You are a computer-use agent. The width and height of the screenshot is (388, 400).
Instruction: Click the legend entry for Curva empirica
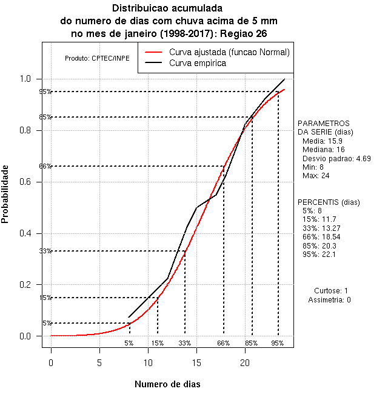coord(197,63)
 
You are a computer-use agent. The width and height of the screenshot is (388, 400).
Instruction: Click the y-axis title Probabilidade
coord(6,193)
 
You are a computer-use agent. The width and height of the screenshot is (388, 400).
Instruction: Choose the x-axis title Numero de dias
coord(167,384)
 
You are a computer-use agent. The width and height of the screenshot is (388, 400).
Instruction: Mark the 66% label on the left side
coord(45,166)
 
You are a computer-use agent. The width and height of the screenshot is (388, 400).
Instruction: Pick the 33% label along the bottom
coord(185,343)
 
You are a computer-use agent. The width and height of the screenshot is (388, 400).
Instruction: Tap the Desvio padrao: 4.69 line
coord(336,158)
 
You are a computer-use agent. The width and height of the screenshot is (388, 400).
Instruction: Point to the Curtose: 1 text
coord(331,291)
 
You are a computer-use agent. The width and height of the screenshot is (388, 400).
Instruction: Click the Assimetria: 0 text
coord(329,300)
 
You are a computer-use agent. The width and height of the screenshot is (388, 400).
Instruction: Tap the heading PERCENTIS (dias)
coord(329,202)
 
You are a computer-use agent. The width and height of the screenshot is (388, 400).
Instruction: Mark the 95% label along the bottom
coord(278,343)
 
